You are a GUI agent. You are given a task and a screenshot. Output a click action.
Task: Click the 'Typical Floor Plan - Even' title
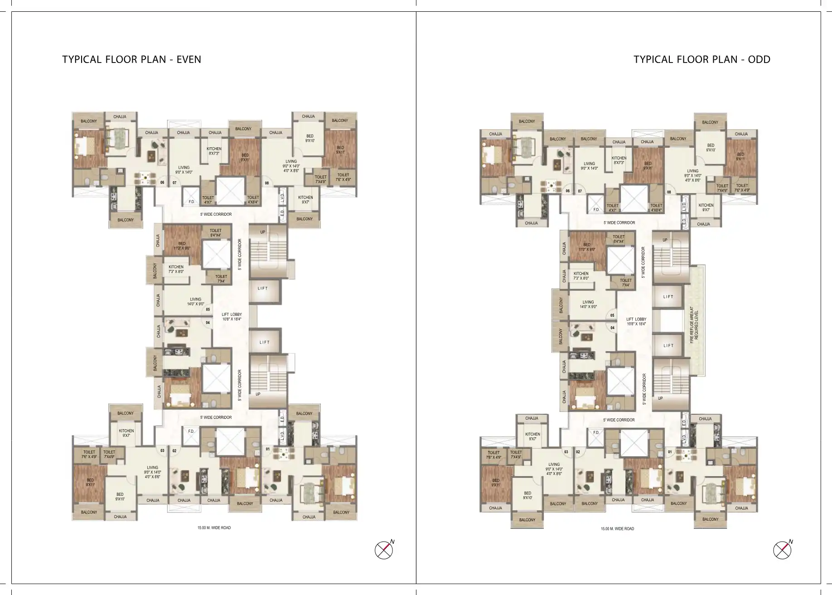click(x=131, y=59)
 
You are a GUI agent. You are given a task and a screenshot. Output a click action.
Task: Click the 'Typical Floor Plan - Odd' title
click(x=701, y=59)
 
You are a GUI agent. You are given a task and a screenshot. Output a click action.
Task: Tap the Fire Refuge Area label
click(x=694, y=325)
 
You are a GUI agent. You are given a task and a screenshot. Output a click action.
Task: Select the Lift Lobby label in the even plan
click(x=231, y=316)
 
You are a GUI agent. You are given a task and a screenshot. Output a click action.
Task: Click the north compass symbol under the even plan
click(x=383, y=550)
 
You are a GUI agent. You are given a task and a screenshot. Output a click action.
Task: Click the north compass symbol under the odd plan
click(x=782, y=550)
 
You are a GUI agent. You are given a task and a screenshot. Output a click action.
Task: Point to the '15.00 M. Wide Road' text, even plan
click(x=214, y=527)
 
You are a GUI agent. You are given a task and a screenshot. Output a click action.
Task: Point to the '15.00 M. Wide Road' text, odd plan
click(x=617, y=528)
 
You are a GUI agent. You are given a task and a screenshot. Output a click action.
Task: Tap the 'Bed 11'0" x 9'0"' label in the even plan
click(x=182, y=246)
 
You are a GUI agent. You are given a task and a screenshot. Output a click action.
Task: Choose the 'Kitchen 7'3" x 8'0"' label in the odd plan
click(x=580, y=276)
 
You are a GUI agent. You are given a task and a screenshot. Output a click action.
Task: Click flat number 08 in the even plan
click(x=267, y=184)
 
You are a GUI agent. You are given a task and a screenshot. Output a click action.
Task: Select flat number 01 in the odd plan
click(x=670, y=452)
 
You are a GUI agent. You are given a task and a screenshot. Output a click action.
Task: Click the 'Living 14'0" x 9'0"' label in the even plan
click(x=195, y=301)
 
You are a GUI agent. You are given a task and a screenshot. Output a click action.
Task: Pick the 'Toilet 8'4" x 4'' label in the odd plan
click(x=619, y=239)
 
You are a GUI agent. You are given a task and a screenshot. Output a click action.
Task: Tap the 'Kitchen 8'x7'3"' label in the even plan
click(x=214, y=151)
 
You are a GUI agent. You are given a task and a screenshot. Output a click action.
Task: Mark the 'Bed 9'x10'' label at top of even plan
click(x=310, y=138)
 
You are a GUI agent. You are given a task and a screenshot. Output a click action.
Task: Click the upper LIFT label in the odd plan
click(x=668, y=297)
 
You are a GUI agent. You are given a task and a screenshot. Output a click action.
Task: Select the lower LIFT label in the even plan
click(x=264, y=343)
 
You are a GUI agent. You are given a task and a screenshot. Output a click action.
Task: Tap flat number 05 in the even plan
click(x=208, y=310)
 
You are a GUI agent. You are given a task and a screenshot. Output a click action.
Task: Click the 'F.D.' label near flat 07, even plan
click(x=191, y=202)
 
